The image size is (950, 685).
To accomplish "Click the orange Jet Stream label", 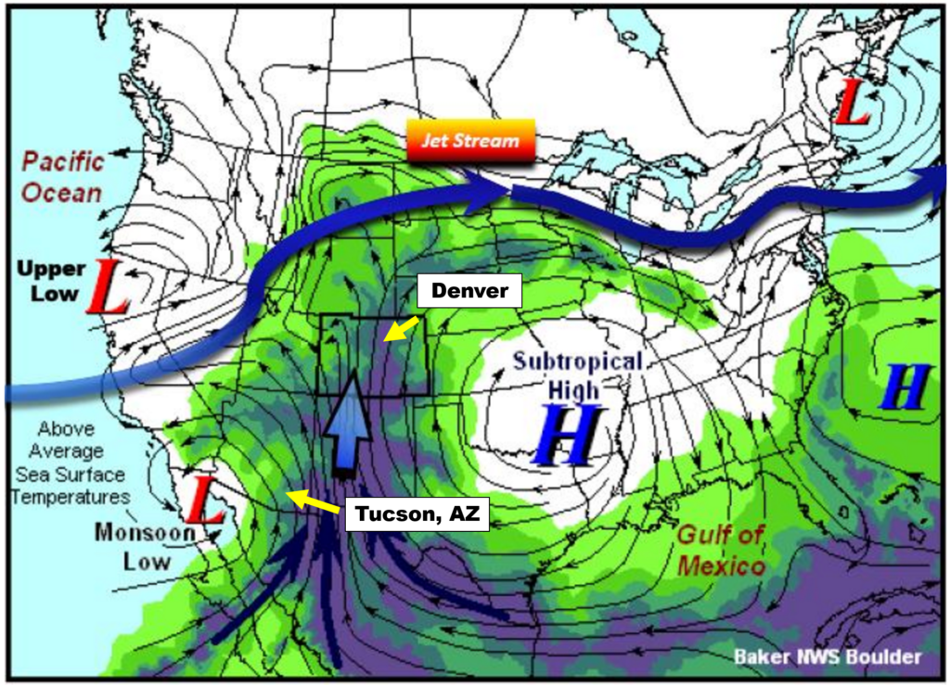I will pyautogui.click(x=470, y=142).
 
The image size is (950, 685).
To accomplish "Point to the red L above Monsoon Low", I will pyautogui.click(x=205, y=502).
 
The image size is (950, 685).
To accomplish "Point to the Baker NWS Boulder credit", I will pyautogui.click(x=828, y=657).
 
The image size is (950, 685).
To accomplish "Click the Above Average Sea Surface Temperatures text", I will pyautogui.click(x=71, y=463).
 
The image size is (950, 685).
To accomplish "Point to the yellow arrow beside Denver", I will pyautogui.click(x=401, y=328).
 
